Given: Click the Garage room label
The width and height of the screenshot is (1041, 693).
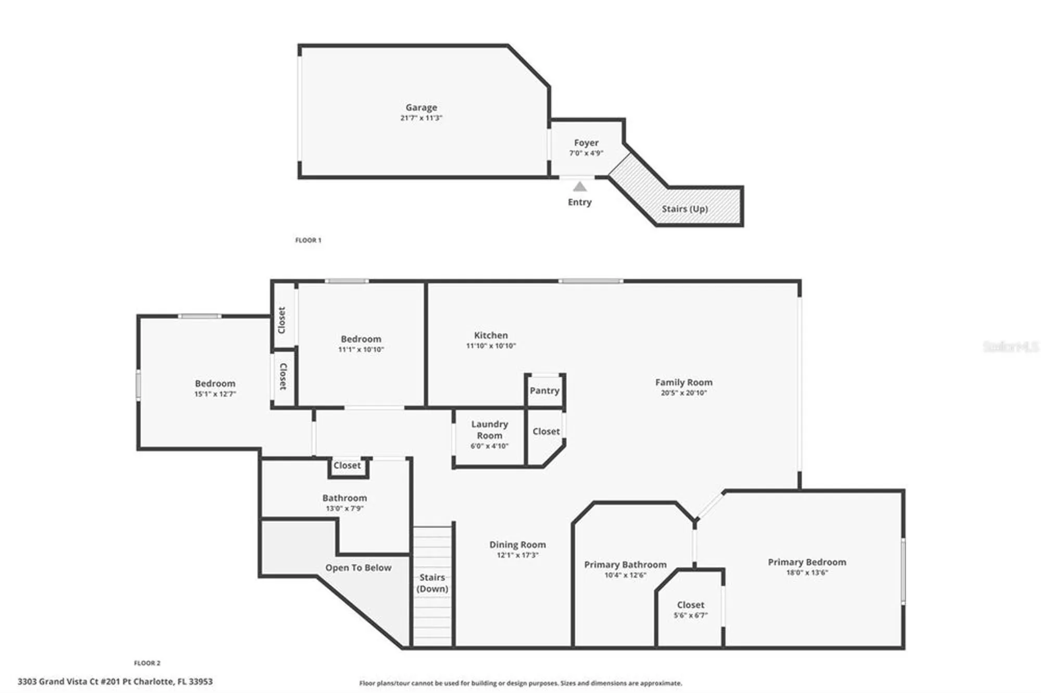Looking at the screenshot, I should click(x=421, y=108).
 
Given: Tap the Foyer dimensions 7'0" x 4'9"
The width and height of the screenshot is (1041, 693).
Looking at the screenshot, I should click(x=586, y=153).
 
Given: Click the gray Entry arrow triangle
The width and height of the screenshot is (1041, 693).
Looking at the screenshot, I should click(x=579, y=186).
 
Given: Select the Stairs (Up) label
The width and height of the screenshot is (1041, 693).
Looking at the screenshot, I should click(x=684, y=209).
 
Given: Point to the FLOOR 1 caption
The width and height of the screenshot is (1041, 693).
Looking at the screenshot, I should click(x=308, y=240).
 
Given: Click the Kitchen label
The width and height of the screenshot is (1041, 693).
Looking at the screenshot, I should click(x=490, y=336).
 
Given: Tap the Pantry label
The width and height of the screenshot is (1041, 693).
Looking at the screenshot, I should click(x=544, y=391).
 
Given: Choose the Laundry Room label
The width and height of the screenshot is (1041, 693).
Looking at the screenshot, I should click(x=489, y=430).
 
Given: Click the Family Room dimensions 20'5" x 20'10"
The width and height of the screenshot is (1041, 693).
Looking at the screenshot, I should click(x=683, y=393).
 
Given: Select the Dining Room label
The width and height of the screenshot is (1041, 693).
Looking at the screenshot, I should click(x=517, y=545).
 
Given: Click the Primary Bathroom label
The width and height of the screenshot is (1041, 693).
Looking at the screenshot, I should click(x=625, y=564).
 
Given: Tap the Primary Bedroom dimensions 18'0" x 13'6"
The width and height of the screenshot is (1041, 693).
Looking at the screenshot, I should click(x=807, y=573).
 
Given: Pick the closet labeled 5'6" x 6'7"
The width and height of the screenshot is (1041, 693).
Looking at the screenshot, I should click(x=690, y=609).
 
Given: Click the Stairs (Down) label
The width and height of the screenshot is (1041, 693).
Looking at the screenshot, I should click(x=432, y=583).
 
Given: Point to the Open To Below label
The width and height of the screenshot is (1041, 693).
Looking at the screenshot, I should click(x=358, y=568).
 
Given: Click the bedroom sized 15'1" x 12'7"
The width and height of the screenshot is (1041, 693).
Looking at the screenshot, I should click(x=215, y=388).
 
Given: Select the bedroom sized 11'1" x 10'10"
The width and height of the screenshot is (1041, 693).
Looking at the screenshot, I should click(x=361, y=343).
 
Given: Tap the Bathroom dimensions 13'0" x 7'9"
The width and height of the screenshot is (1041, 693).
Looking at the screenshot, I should click(x=344, y=509).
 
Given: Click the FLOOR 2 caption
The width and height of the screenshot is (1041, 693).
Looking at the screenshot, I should click(x=147, y=663).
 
